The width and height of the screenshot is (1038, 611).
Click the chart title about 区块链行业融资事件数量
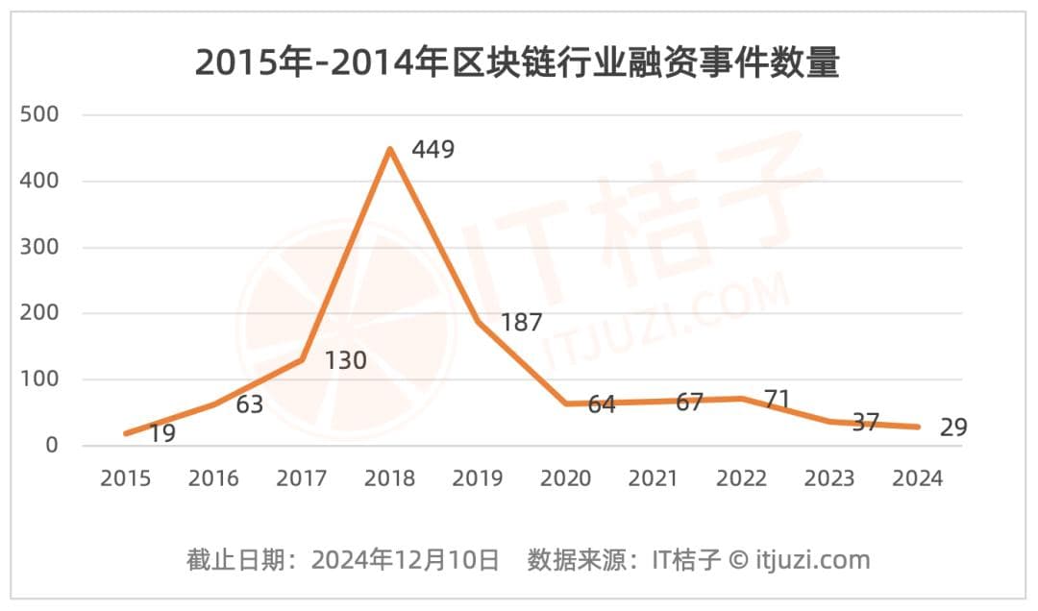click(517, 62)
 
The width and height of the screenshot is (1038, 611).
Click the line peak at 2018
click(389, 149)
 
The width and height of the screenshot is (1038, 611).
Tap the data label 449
click(432, 150)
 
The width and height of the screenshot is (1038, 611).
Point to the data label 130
click(345, 361)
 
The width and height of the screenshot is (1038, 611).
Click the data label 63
click(249, 404)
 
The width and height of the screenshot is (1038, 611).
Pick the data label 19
click(161, 434)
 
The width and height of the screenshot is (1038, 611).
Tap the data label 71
click(778, 400)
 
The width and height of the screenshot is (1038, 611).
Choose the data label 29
click(952, 428)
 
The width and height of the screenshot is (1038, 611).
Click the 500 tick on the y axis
click(39, 115)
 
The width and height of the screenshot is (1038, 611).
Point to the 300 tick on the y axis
click(39, 247)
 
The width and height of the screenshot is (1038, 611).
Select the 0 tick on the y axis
click(51, 446)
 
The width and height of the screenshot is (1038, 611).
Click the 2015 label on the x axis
click(125, 478)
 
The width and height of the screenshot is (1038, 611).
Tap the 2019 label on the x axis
click(478, 478)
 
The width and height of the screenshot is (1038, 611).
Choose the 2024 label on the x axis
click(918, 478)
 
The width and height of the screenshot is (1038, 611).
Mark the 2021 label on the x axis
click(654, 478)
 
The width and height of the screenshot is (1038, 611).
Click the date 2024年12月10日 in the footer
click(405, 560)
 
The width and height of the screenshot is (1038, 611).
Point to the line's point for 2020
click(566, 403)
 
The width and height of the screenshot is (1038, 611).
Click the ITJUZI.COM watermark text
click(663, 317)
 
